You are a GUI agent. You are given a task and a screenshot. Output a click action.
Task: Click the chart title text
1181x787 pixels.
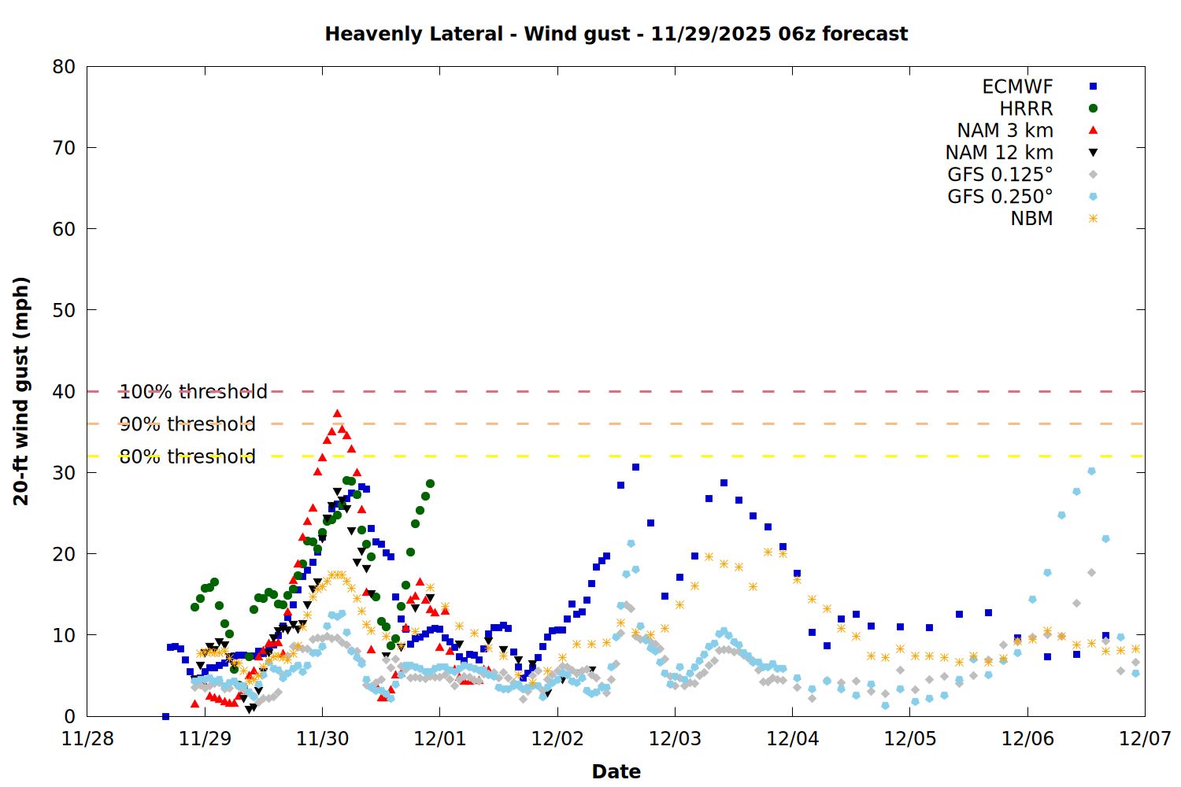tap(616, 34)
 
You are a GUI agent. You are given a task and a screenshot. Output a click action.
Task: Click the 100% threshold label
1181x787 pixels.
tap(193, 391)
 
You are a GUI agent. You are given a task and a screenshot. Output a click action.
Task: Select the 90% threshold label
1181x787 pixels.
tap(187, 424)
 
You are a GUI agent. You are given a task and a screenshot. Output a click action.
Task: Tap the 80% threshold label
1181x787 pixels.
tap(187, 456)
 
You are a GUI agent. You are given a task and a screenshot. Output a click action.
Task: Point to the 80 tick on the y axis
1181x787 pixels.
tap(64, 67)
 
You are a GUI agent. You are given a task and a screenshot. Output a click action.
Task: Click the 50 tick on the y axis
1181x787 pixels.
tap(64, 310)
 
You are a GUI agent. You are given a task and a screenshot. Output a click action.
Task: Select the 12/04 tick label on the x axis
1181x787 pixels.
tap(792, 739)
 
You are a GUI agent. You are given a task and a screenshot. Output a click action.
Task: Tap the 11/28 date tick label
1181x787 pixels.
tap(87, 739)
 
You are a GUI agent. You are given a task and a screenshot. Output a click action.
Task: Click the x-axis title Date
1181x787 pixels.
tap(616, 771)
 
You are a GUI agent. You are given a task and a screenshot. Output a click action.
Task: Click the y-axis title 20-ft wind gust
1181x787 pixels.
tap(21, 391)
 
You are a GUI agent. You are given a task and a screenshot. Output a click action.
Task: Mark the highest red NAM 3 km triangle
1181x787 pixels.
tap(337, 413)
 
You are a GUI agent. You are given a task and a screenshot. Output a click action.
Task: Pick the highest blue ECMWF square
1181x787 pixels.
tap(635, 467)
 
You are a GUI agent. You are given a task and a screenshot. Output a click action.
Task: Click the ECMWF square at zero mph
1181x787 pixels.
tap(165, 716)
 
